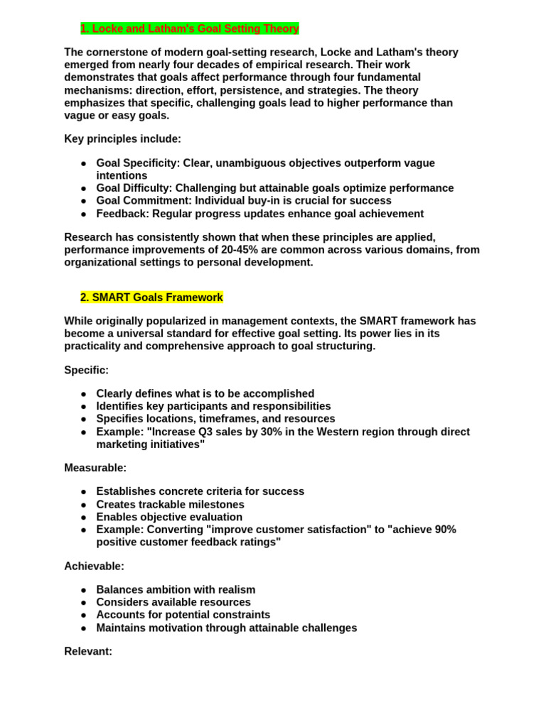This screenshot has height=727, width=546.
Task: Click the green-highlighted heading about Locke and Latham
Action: click(190, 28)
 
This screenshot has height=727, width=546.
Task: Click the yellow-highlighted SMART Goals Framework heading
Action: click(151, 297)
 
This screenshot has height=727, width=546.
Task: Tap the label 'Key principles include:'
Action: click(122, 139)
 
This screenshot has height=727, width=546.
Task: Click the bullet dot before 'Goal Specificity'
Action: click(83, 163)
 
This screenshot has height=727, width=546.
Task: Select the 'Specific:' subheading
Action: click(87, 370)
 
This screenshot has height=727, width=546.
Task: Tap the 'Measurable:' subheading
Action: click(95, 468)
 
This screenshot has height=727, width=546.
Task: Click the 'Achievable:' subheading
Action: click(94, 566)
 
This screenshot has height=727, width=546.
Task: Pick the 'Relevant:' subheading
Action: click(88, 651)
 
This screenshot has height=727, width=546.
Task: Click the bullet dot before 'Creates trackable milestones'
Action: click(83, 505)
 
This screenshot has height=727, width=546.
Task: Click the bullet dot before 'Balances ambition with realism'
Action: click(83, 590)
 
